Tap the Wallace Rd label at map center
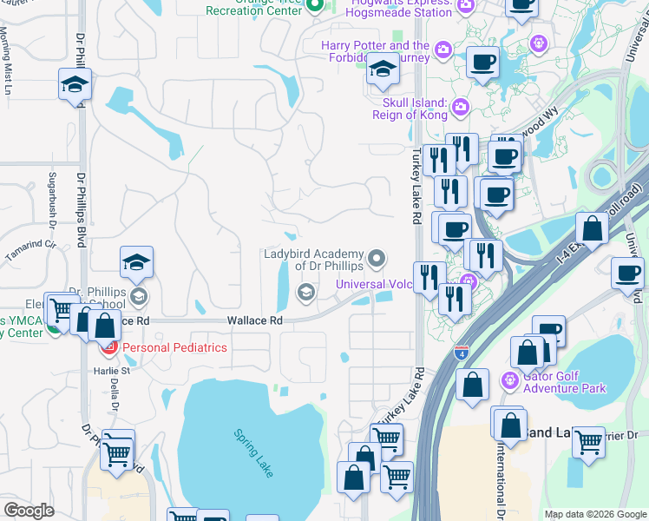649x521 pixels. tap(255, 320)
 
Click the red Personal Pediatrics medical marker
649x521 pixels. tap(109, 348)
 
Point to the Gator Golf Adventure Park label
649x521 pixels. tap(564, 383)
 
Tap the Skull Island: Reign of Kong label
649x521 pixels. tap(410, 109)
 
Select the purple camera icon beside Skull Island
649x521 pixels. tap(460, 108)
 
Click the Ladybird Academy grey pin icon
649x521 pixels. tap(377, 258)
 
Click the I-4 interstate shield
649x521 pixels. tap(462, 354)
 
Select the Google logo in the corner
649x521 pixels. tap(29, 510)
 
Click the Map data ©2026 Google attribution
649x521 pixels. tap(594, 514)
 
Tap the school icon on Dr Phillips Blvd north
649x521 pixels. tap(75, 85)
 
